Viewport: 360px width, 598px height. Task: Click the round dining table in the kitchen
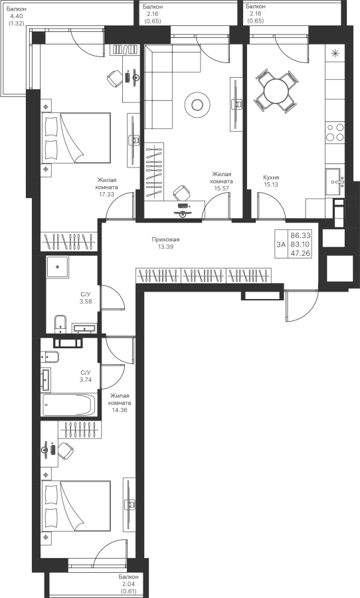click(x=276, y=91)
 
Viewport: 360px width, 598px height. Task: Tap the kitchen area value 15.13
click(x=271, y=185)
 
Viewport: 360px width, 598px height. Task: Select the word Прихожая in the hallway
click(x=165, y=239)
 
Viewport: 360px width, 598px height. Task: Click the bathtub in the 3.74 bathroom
click(x=68, y=405)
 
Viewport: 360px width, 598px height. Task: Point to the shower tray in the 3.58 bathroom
click(x=58, y=267)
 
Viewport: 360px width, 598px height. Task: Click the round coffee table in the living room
click(x=197, y=104)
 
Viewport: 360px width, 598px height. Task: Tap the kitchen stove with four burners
click(x=335, y=132)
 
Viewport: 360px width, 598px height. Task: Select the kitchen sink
click(x=335, y=182)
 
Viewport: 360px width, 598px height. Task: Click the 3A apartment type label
click(x=281, y=245)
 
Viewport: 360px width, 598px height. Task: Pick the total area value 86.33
click(x=300, y=236)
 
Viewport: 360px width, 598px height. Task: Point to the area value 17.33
click(x=106, y=194)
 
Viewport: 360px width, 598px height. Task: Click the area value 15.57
click(x=222, y=188)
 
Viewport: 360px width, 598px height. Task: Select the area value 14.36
click(x=120, y=410)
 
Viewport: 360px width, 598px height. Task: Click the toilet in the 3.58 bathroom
click(x=60, y=323)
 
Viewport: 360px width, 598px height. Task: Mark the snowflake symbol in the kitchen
click(x=335, y=53)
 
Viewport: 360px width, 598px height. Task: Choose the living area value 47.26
click(x=300, y=253)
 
